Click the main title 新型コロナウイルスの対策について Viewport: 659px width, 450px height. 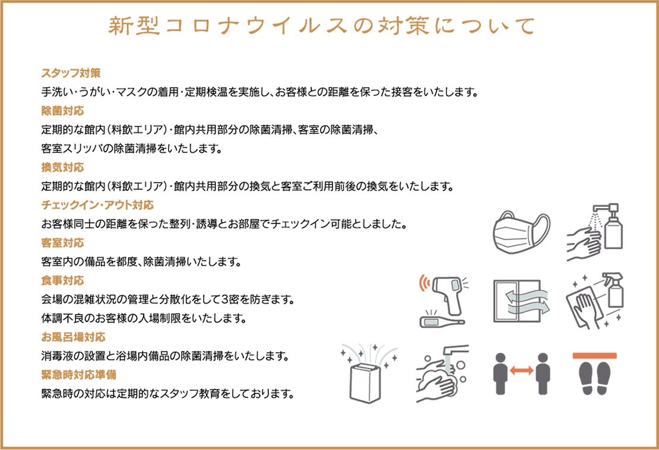pos(323,25)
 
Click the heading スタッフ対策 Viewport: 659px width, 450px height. pos(71,73)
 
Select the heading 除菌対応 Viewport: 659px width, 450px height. pos(62,111)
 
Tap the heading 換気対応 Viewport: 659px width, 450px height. pos(62,168)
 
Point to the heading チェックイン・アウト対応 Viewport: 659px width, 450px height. pos(97,205)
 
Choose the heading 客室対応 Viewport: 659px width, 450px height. pos(62,242)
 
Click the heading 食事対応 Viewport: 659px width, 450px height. pos(62,280)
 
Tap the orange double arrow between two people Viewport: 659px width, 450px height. pos(521,371)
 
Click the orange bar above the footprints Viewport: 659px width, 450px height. pos(595,355)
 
